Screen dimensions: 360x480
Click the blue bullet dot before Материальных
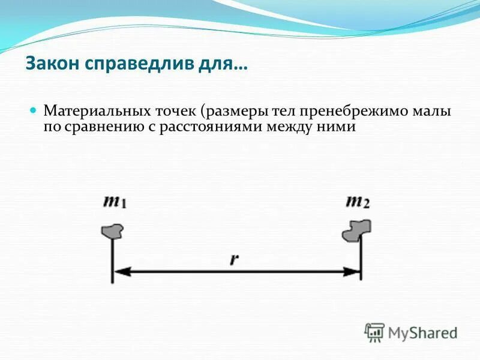[x=34, y=111]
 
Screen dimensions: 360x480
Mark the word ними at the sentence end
[x=341, y=127]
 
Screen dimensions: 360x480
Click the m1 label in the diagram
[x=114, y=201]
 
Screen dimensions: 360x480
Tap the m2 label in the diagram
[x=358, y=201]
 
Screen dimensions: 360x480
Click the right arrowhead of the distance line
[x=352, y=272]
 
